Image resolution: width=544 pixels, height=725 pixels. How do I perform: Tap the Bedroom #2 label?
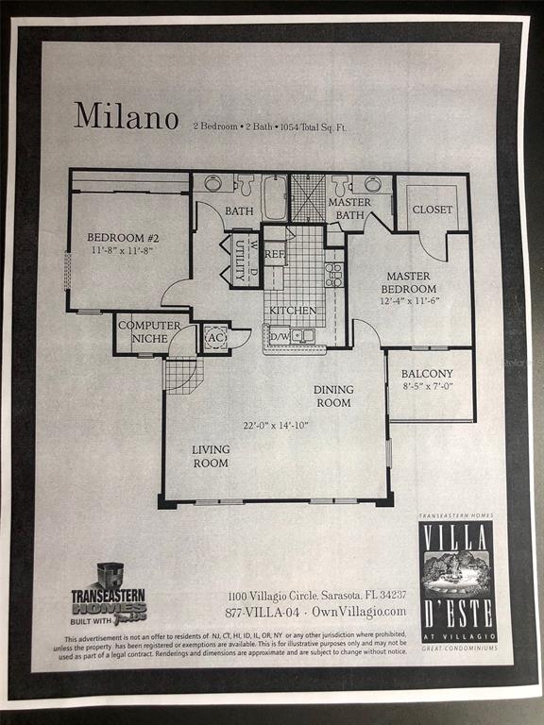120,237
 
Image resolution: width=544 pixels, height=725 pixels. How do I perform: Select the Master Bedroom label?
409,282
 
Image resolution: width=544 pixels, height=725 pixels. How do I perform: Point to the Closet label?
433,210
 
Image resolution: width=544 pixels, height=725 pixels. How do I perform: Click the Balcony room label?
427,374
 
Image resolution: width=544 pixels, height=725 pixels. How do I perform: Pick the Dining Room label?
333,396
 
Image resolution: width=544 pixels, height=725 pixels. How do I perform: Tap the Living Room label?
211,456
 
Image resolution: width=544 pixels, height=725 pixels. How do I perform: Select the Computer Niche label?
149,331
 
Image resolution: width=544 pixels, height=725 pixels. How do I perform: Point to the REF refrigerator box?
275,253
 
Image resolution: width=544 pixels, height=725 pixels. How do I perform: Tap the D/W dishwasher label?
280,335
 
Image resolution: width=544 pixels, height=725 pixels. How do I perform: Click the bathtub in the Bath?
275,197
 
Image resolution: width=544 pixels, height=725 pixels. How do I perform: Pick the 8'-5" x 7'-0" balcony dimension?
427,387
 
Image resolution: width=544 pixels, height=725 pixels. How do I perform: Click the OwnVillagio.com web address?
365,611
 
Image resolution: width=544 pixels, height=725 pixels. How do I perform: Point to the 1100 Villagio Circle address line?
316,595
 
